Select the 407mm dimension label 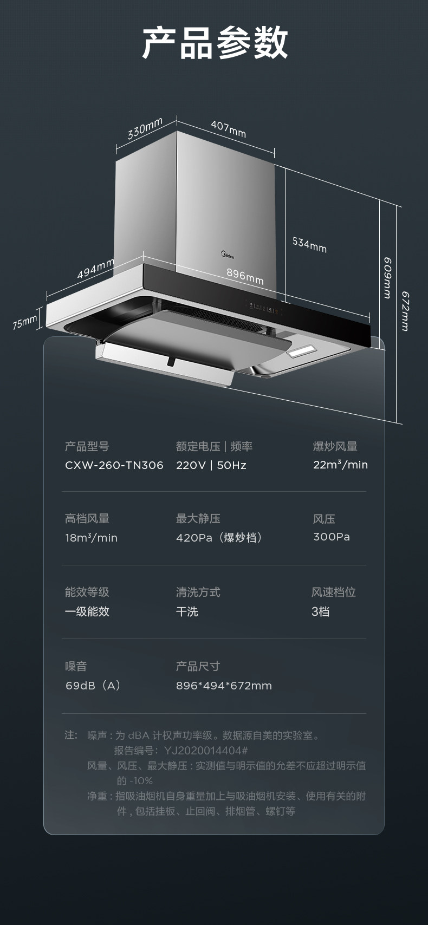(x=228, y=129)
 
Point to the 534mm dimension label (x=309, y=244)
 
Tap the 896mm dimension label (x=245, y=276)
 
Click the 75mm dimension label (x=25, y=322)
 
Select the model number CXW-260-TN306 (x=114, y=465)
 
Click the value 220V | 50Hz (x=211, y=465)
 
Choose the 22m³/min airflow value (x=340, y=465)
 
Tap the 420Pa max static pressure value (x=219, y=538)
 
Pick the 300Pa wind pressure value (x=332, y=537)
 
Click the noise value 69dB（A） (x=93, y=686)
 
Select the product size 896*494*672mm (x=224, y=686)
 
